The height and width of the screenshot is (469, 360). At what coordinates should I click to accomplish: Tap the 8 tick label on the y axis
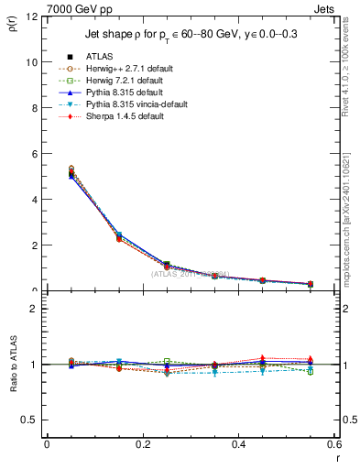click(34, 108)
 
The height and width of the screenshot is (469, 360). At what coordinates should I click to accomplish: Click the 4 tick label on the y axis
click(34, 200)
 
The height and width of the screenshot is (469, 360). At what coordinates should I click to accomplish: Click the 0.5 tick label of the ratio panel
click(30, 420)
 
